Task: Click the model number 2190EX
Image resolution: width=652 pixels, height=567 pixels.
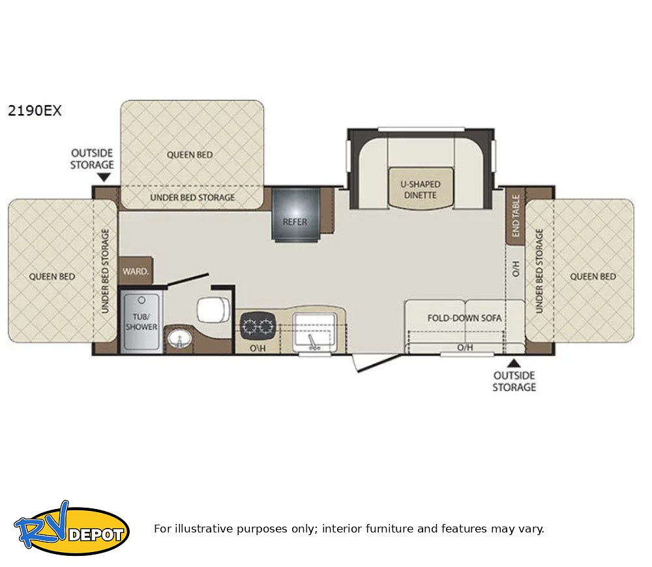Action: (x=35, y=111)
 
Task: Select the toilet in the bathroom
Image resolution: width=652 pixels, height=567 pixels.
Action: (x=213, y=310)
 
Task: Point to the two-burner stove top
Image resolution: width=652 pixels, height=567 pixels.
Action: (x=258, y=325)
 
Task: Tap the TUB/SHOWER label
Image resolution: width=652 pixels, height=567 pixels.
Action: (x=141, y=322)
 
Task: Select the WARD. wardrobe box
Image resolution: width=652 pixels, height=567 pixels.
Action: (x=136, y=271)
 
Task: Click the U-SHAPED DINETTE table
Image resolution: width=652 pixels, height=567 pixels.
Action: (x=421, y=189)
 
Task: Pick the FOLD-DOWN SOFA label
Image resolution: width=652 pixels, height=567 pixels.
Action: (x=464, y=318)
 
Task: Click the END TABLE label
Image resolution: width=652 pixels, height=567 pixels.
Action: (x=516, y=216)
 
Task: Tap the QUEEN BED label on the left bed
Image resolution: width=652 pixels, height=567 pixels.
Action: (x=52, y=276)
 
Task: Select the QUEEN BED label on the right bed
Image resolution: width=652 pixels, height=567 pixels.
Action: (x=593, y=276)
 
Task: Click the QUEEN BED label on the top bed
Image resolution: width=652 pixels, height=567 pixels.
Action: (x=190, y=154)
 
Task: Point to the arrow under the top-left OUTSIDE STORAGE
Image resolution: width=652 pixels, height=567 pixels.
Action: (x=104, y=177)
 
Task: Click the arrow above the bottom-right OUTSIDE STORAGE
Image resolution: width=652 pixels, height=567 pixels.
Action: (x=514, y=363)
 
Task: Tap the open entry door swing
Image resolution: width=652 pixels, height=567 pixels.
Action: (x=376, y=363)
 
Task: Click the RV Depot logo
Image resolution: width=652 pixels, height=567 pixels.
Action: (x=72, y=529)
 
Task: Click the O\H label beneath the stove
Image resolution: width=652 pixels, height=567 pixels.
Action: (x=258, y=347)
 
